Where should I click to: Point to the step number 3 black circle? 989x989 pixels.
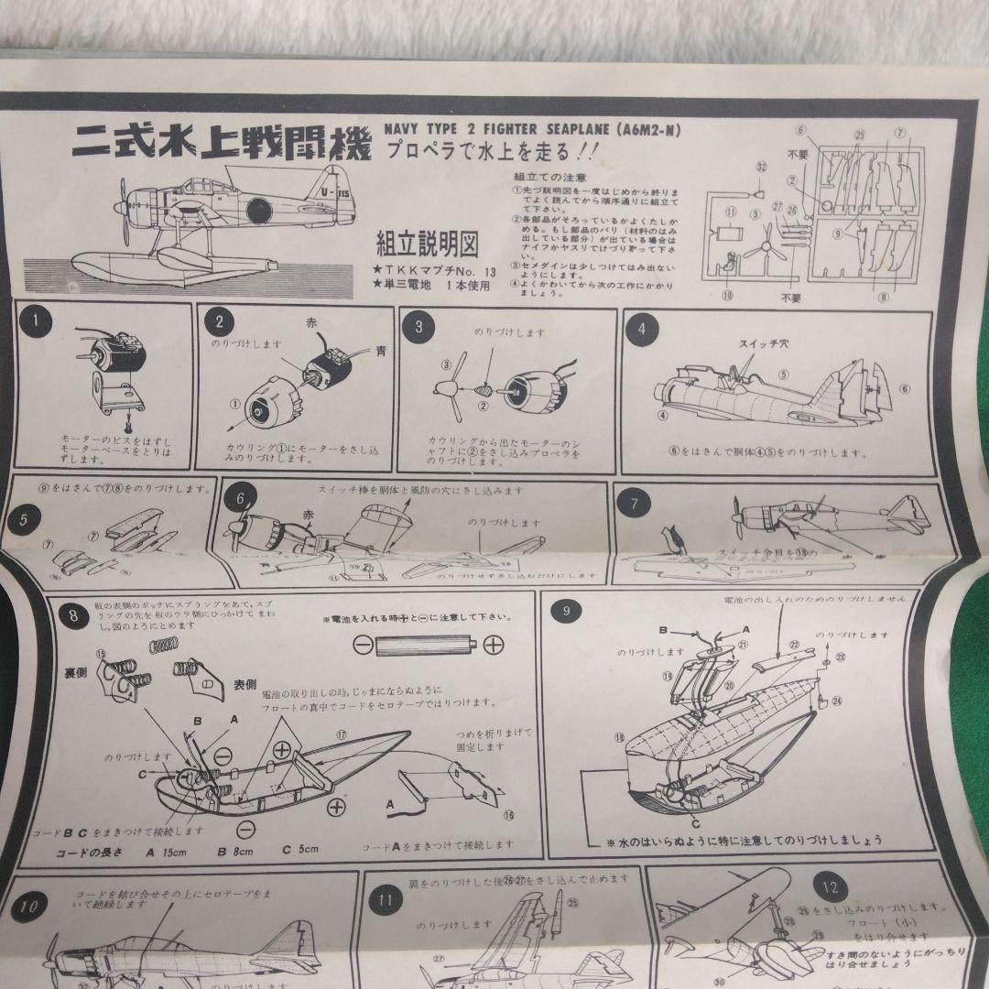(419, 325)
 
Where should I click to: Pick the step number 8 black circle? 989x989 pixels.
(73, 615)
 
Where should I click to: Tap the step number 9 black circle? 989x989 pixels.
(567, 611)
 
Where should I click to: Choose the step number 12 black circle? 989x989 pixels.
(830, 886)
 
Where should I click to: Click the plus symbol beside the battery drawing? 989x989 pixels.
(493, 644)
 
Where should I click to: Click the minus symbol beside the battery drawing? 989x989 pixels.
(361, 645)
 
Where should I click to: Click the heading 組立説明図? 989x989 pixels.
(428, 244)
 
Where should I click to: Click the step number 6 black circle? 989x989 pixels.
(240, 498)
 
